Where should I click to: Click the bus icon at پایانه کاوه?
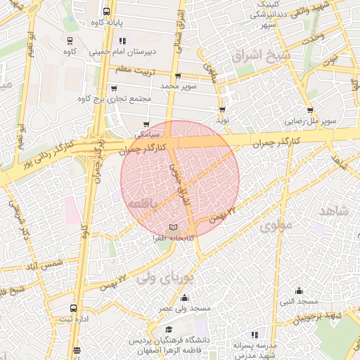click(x=106, y=11)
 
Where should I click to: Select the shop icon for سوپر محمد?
click(x=176, y=76)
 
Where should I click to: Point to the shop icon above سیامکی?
click(x=147, y=124)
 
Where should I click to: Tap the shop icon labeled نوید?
click(x=223, y=110)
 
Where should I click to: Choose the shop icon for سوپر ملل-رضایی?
click(x=310, y=110)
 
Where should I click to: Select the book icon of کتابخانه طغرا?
click(x=174, y=228)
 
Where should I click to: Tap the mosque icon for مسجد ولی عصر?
click(x=184, y=297)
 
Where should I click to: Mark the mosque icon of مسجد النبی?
click(x=300, y=290)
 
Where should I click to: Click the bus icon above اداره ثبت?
click(x=74, y=308)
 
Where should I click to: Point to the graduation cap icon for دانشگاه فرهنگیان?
click(x=169, y=330)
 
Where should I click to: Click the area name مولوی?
click(x=276, y=227)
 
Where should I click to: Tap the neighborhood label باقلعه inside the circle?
click(x=144, y=203)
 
